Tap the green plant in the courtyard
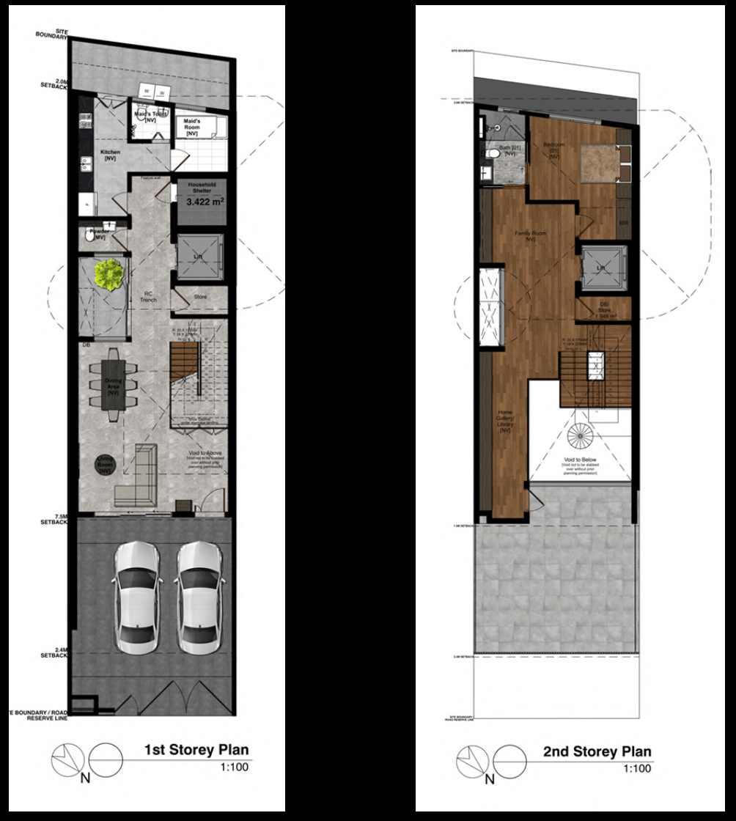pos(108,274)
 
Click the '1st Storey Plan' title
pos(196,750)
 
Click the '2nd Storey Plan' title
pos(597,752)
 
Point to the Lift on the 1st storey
pos(198,256)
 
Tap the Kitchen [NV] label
pos(111,155)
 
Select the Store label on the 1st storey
pos(200,297)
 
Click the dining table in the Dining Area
pos(114,385)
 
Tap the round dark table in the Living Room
pos(106,465)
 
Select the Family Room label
pos(530,236)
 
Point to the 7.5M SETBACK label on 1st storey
pos(54,523)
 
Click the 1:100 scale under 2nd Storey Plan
pos(636,769)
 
